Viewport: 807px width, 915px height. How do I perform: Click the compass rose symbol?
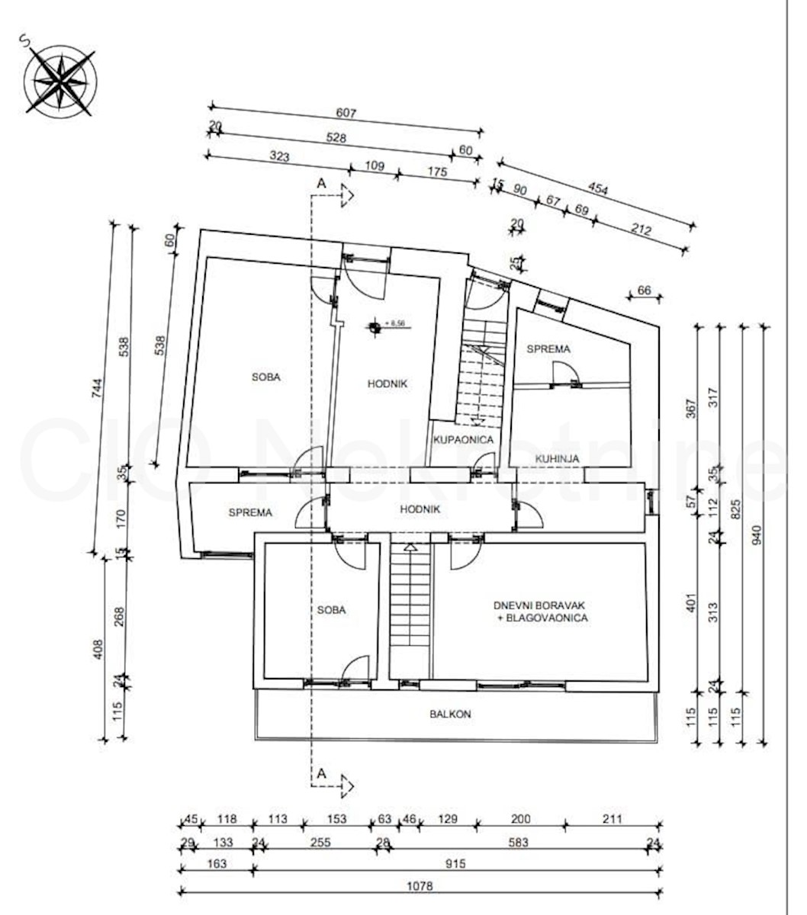(60, 79)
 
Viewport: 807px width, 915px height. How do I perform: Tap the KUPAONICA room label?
(463, 440)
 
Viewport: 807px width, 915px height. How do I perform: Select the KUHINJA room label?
(557, 459)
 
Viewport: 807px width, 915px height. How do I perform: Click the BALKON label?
(450, 714)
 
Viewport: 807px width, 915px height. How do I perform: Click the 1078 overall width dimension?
(420, 886)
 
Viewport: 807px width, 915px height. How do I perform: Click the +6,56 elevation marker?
(395, 324)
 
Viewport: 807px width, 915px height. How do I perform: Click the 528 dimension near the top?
(336, 138)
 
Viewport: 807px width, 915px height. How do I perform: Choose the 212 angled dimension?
(641, 229)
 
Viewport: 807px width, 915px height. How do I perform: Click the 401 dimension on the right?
(692, 603)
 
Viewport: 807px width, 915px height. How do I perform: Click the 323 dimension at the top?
(280, 157)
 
